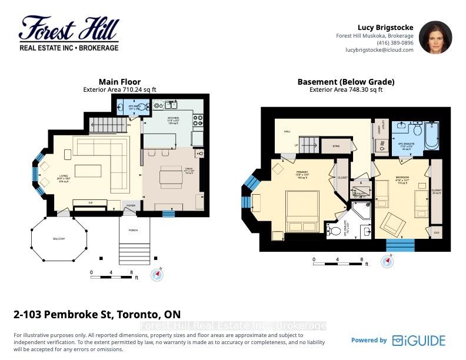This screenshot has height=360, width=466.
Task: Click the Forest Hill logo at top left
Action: [69, 34]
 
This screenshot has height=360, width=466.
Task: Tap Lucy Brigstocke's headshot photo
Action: [435, 37]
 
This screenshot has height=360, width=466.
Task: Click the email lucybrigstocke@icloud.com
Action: [379, 51]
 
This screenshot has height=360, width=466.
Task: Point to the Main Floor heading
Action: [119, 82]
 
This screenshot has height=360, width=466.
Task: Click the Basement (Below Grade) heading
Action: [345, 82]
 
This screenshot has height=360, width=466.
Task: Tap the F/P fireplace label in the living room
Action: [90, 202]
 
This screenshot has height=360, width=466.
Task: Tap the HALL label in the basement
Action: [288, 132]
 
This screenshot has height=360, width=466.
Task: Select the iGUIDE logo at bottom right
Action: [418, 340]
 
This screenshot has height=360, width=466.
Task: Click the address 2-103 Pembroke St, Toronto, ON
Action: [97, 314]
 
